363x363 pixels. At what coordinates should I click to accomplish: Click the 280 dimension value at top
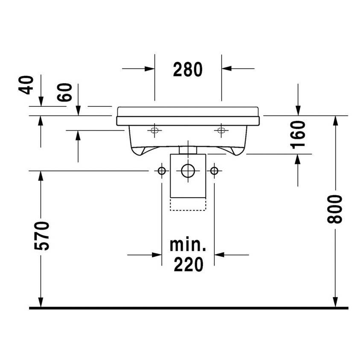[x=187, y=69]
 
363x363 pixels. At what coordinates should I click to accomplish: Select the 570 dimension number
[x=44, y=236]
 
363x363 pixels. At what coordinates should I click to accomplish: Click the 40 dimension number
[x=26, y=85]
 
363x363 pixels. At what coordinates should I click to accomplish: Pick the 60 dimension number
[x=65, y=92]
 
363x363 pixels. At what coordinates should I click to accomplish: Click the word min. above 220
[x=188, y=245]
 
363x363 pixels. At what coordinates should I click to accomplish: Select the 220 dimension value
[x=188, y=265]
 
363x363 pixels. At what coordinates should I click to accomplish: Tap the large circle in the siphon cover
[x=187, y=171]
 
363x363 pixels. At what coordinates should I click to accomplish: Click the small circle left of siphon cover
[x=161, y=171]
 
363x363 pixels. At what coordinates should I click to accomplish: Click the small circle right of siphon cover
[x=214, y=171]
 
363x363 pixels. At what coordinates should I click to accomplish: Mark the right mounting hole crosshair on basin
[x=221, y=131]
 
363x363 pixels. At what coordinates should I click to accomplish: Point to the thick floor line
[x=188, y=307]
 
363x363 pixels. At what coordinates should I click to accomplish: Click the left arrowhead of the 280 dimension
[x=149, y=68]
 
